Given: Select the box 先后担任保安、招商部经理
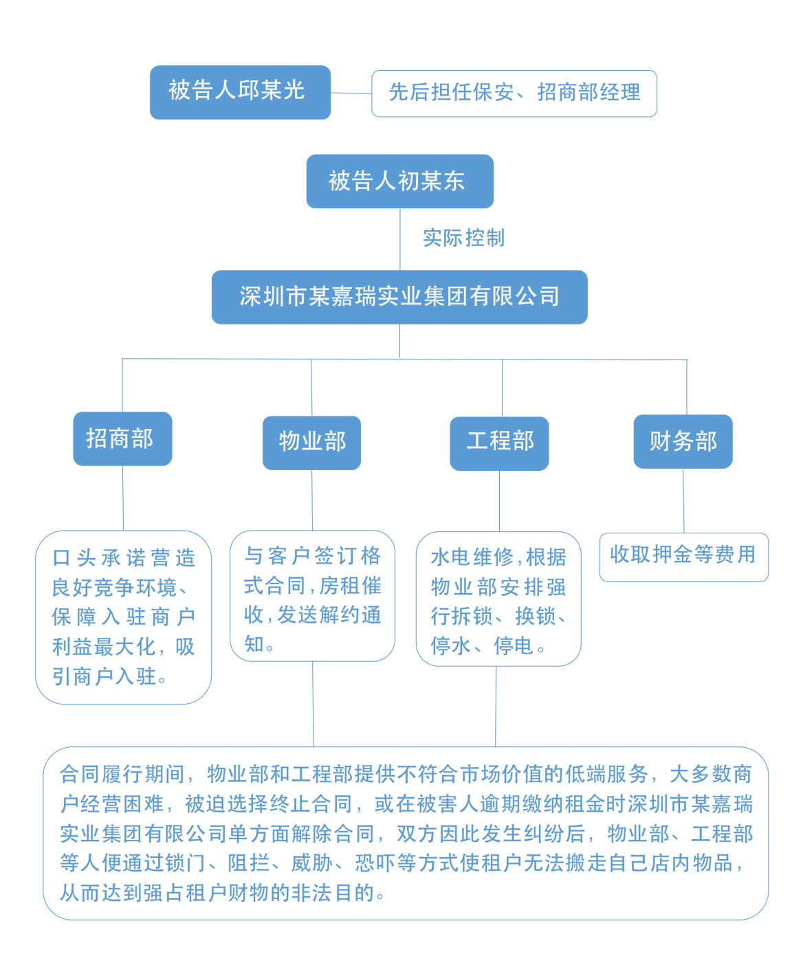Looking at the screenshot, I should coord(514,93).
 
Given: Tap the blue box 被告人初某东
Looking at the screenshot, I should coord(399,181).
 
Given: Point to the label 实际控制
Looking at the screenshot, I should coord(463,238).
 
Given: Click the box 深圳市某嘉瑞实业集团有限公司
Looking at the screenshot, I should coord(399,297).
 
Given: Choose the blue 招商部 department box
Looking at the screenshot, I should coord(122,439).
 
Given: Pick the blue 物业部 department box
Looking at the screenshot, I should coord(311,443).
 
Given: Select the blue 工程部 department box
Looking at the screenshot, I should coord(499,443).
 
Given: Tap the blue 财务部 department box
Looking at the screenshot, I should coord(683,441).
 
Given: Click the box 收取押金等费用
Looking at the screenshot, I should coord(683,556).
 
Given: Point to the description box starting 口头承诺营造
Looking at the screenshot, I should coord(123,617).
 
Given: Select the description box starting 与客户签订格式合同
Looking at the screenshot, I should coord(312,595).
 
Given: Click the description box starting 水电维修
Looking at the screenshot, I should coord(498,599).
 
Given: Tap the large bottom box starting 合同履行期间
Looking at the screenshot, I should coord(405,833).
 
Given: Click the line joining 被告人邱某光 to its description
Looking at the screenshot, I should coord(351,93).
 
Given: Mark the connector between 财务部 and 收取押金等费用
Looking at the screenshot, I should coord(683,500).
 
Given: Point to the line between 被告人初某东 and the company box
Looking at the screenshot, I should coord(400,238).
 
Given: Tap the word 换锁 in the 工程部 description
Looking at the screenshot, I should coord(536,617).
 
